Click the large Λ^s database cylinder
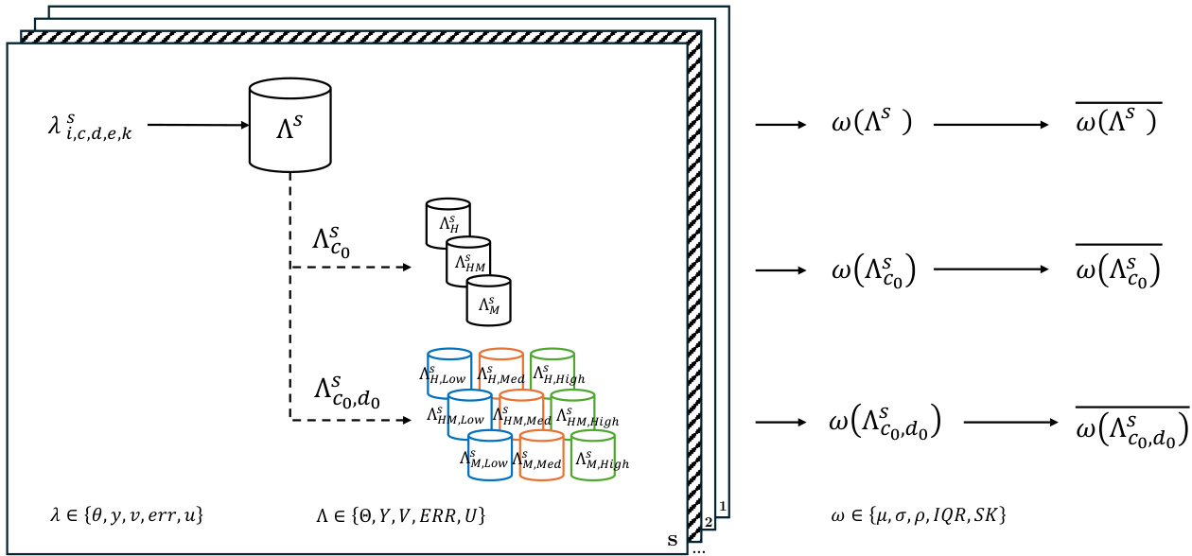tap(289, 127)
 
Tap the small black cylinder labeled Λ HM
tap(468, 262)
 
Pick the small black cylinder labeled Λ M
tap(488, 300)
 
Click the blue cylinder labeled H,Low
tap(449, 371)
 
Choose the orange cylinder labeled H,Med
tap(501, 371)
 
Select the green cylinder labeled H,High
tap(552, 371)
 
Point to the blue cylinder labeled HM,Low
tap(469, 412)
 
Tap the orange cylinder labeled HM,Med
tap(521, 412)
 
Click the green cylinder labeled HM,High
tap(573, 412)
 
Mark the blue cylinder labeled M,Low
tap(490, 453)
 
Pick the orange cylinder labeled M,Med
tap(542, 453)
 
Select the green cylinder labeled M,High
tap(593, 453)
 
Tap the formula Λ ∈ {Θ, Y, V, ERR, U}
tap(401, 515)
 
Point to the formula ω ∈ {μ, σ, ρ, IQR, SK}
tap(917, 515)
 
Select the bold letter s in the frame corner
tap(673, 541)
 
